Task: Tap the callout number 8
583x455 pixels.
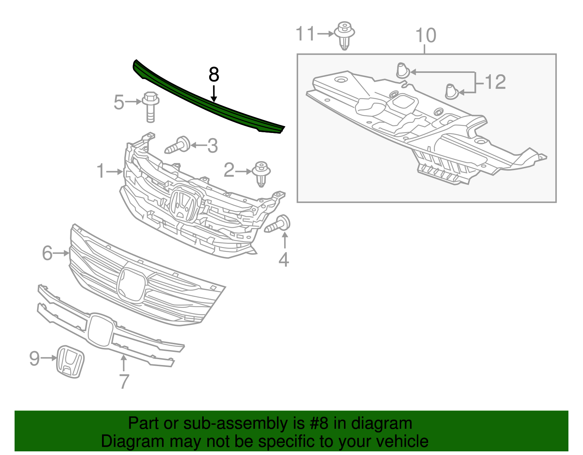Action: coord(214,75)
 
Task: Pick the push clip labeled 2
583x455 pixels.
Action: coord(261,173)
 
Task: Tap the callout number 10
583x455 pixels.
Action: coord(426,36)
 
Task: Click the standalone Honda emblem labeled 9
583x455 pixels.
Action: coord(70,361)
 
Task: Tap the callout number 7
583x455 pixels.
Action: coord(124,381)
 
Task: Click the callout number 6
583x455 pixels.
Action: coord(47,253)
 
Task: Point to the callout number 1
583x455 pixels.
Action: coord(101,171)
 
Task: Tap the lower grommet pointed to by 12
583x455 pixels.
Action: coord(451,91)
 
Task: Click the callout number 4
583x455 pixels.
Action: coord(284,260)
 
